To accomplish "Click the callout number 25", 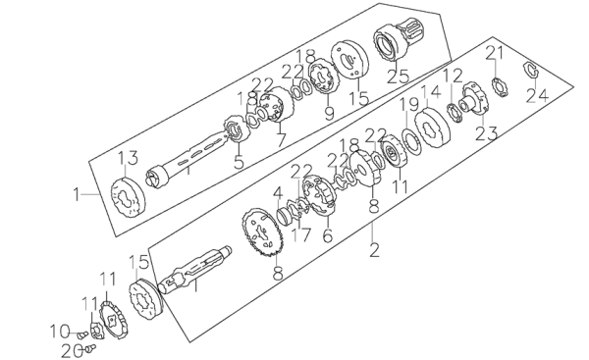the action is coord(398,77).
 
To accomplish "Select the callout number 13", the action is coord(129,158).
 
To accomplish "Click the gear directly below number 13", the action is coord(128,196).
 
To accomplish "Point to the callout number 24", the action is coord(537,95).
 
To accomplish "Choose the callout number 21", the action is coord(495,54).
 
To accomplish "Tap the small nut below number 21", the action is coord(500,86).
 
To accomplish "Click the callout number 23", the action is coord(487,133).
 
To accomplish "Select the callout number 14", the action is coord(430,92).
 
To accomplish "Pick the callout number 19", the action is coord(408,105).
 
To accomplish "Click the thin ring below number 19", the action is coord(411,142).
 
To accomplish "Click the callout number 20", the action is coord(72,351).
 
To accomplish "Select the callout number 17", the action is coord(302,234).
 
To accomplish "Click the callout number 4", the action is coord(278,194).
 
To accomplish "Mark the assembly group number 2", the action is coord(374,250).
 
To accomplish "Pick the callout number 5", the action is coord(239,162).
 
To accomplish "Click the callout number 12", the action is coord(453,77).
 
